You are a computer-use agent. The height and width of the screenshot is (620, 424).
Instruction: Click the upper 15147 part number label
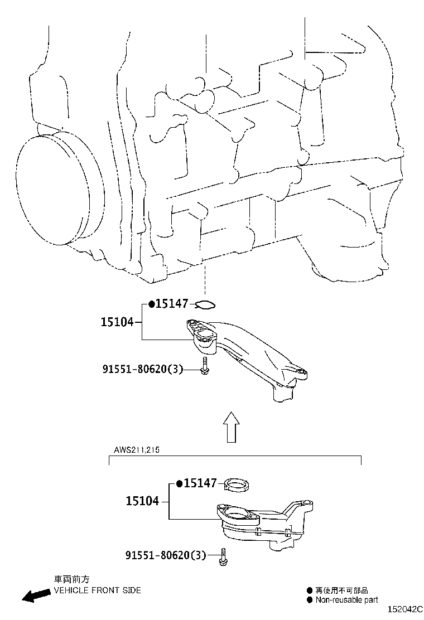(172, 304)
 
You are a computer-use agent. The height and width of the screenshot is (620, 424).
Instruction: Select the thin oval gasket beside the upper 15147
(206, 304)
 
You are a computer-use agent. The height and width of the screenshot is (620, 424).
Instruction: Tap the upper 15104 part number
(117, 322)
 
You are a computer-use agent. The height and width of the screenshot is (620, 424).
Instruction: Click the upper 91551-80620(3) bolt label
(143, 369)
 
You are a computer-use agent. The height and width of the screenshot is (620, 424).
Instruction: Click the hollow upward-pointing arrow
(232, 426)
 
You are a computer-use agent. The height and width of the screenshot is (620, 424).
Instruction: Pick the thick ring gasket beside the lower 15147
(237, 485)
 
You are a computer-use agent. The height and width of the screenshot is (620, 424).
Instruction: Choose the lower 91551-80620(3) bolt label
(166, 555)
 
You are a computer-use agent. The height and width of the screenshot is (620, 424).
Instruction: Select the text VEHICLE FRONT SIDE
(97, 590)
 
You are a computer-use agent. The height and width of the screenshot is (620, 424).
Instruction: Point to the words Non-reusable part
(346, 600)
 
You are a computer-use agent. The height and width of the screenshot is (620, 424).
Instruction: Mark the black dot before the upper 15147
(151, 304)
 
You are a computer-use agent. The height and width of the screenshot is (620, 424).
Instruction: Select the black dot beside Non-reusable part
(310, 600)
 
